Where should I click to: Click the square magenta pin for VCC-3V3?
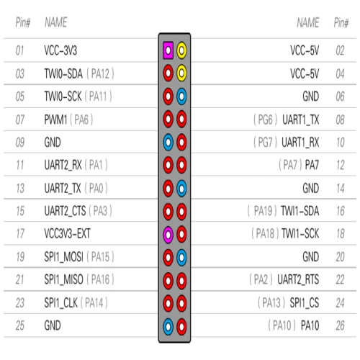(x=168, y=50)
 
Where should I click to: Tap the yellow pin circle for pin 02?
(x=181, y=50)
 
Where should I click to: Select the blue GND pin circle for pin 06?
(x=181, y=96)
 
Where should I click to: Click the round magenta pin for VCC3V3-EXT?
(x=168, y=234)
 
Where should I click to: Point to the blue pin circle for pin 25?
(x=168, y=326)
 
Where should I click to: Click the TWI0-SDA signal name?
(x=63, y=73)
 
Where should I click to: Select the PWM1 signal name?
(x=55, y=120)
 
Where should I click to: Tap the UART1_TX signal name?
(x=301, y=120)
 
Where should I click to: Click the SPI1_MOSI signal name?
(x=63, y=257)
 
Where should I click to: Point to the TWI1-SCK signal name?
(x=300, y=233)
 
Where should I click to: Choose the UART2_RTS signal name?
(x=298, y=279)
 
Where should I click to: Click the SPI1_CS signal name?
(x=305, y=302)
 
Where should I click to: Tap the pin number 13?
(x=20, y=189)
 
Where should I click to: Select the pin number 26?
(x=340, y=325)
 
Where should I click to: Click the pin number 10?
(x=341, y=143)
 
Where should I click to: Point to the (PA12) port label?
(x=100, y=73)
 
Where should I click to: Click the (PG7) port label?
(x=265, y=143)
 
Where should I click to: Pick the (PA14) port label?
(x=94, y=302)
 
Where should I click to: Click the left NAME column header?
(x=55, y=22)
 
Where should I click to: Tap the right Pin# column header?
(x=341, y=23)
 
